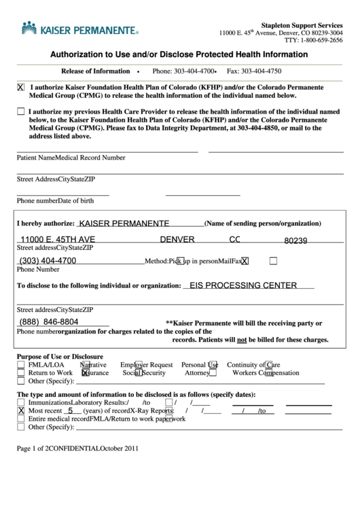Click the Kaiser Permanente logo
[80, 30]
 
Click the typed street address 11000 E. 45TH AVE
[57, 240]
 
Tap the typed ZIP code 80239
[295, 241]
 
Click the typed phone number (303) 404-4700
[48, 260]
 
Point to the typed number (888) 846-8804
[49, 321]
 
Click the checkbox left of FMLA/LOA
[21, 365]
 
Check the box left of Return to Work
[21, 373]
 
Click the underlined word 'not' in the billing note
[240, 340]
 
